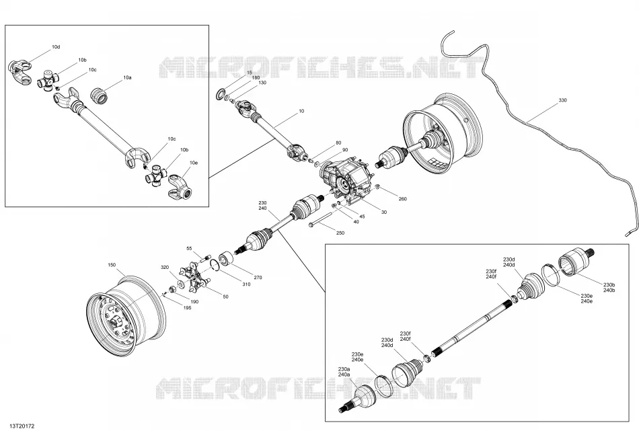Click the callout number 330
[x=562, y=100]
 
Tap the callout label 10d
[x=56, y=47]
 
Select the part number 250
[x=340, y=233]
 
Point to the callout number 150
[x=112, y=265]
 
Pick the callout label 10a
[x=128, y=77]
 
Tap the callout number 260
[x=403, y=199]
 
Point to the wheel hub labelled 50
[x=194, y=278]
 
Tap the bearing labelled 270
[x=227, y=260]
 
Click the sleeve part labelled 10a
[x=100, y=95]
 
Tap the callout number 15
[x=250, y=73]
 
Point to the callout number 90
[x=345, y=151]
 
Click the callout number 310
[x=246, y=284]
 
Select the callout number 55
[x=189, y=248]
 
